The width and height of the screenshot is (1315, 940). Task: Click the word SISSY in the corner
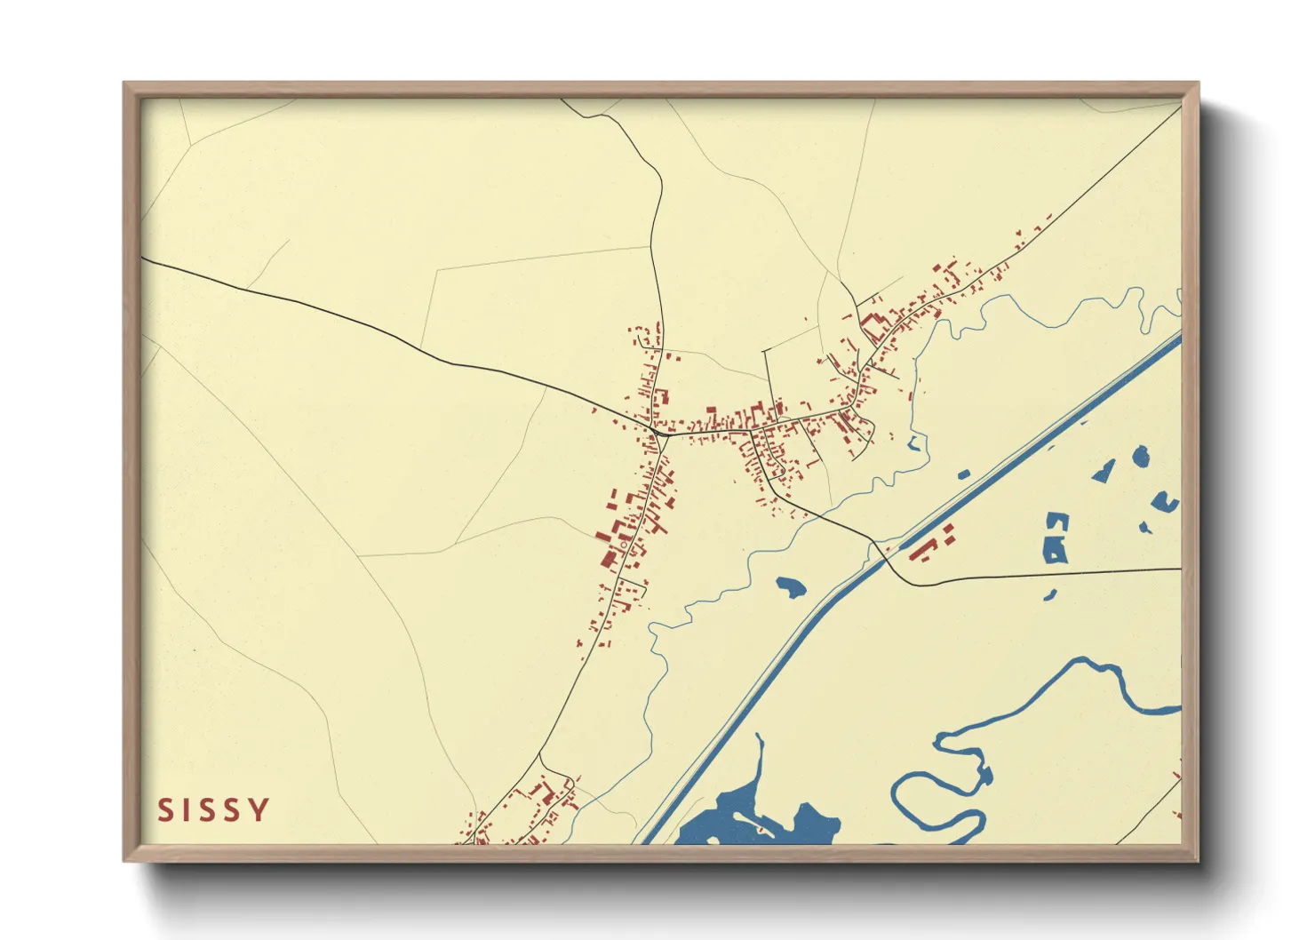coord(213,810)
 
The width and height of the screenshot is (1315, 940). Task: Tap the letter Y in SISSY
coord(259,810)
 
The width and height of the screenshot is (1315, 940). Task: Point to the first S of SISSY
coord(165,810)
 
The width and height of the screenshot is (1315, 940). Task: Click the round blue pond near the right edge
coord(1141,457)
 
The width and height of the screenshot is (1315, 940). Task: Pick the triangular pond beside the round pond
coord(1104,471)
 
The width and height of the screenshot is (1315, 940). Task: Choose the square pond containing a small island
coord(1056,538)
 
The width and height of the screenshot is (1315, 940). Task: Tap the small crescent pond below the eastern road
coord(1051,594)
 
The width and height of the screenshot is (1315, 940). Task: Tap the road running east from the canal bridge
coord(1048,574)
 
